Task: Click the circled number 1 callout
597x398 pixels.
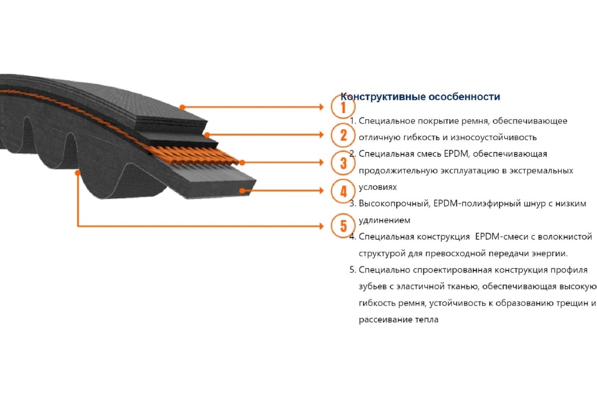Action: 343,106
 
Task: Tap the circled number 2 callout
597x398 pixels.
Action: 343,135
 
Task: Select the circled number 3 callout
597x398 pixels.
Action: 343,163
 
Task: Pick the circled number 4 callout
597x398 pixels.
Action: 343,191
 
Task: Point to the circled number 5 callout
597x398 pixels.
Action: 343,226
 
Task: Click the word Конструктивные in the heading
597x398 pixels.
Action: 383,97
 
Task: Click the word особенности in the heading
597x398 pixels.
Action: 464,97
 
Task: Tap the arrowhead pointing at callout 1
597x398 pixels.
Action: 321,107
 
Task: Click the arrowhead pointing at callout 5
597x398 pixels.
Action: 321,226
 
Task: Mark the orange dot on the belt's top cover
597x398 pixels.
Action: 182,107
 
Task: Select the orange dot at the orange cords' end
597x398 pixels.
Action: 242,162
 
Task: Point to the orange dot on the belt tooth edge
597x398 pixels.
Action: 78,173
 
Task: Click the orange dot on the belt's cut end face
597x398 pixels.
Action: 242,191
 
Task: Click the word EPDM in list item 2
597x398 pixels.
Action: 456,154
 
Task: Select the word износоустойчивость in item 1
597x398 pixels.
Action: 494,137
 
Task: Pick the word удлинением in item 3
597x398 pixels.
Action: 384,220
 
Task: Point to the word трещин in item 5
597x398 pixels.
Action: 573,303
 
